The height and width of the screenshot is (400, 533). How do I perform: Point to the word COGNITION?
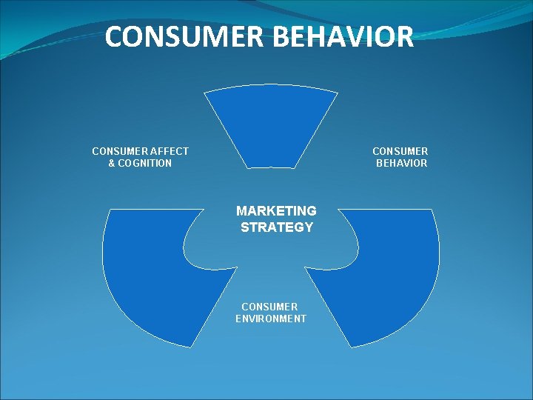tap(145, 163)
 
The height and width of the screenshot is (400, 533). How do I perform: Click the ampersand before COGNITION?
tap(112, 163)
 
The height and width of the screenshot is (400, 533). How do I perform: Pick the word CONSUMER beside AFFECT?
tap(116, 151)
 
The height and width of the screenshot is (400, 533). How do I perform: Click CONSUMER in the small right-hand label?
tap(400, 151)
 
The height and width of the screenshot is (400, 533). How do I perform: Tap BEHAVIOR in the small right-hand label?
tap(401, 163)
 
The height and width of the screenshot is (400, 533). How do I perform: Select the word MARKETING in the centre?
tap(276, 211)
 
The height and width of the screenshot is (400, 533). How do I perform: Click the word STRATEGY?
tap(277, 227)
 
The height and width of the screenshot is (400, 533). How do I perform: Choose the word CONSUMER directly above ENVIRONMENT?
tap(269, 307)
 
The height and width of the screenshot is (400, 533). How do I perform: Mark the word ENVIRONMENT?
tap(271, 319)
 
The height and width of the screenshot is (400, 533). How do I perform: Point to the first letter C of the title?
tap(114, 36)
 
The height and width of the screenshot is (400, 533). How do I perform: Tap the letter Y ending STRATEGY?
tap(309, 227)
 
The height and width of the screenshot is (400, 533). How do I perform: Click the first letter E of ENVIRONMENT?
tap(238, 319)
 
